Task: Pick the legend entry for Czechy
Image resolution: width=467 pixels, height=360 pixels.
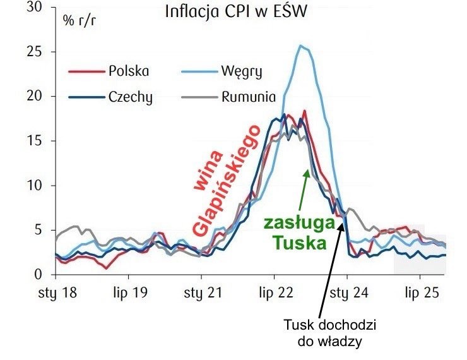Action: point(130,97)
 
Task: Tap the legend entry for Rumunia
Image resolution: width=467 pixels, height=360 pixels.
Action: point(248,97)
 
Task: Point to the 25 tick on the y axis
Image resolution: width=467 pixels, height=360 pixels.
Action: point(43,52)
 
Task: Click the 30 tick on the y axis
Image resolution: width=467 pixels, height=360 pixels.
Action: point(43,8)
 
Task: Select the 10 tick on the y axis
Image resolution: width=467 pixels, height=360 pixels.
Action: point(43,186)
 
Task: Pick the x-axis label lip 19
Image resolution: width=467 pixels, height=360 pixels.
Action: point(129,293)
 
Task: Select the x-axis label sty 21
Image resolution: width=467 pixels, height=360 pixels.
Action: point(201,293)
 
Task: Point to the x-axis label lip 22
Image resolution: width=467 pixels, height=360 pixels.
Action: point(275,293)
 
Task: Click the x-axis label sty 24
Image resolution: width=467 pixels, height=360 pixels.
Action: point(347,293)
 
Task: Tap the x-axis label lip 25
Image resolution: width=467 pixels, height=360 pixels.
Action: point(420,293)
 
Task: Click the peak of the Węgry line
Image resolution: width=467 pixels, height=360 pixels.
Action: point(302,45)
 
